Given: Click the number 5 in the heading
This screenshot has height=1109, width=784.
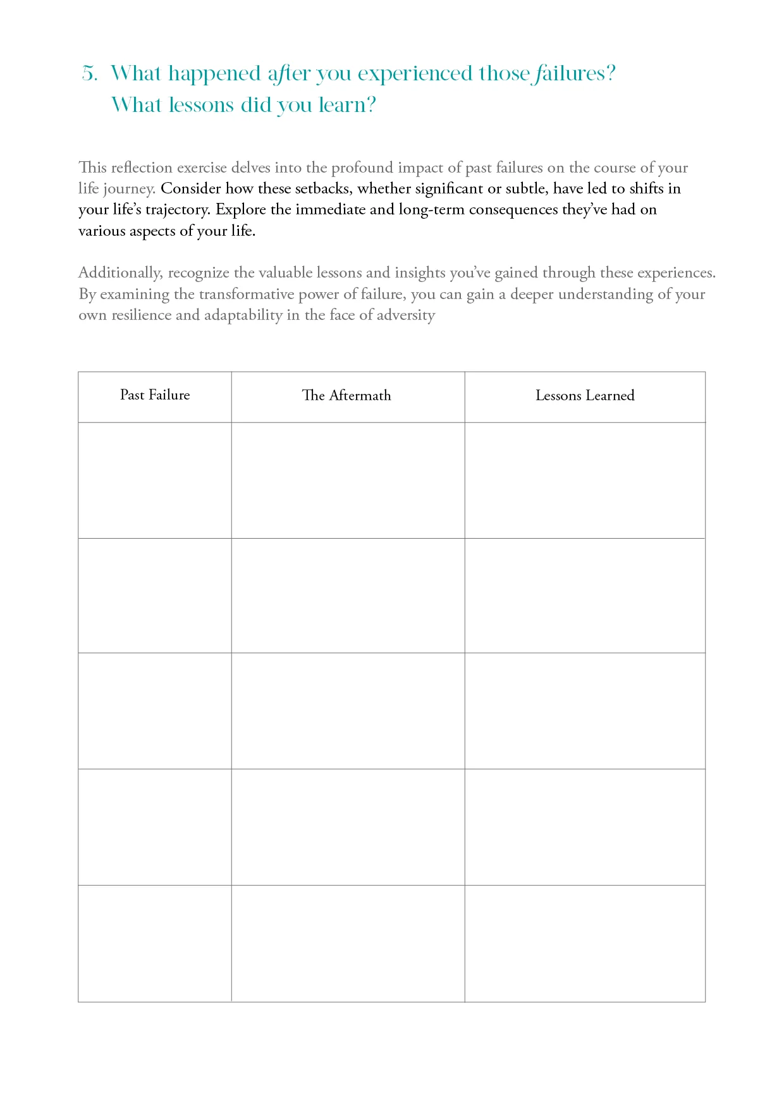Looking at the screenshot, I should click(x=89, y=74).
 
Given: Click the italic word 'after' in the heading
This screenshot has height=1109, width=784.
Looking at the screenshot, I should click(x=289, y=74).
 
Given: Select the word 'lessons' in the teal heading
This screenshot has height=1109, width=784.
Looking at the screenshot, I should click(x=202, y=105).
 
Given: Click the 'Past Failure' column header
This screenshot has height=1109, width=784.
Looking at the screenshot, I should click(x=155, y=395).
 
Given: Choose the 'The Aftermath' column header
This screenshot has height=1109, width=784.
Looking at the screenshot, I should click(x=346, y=396).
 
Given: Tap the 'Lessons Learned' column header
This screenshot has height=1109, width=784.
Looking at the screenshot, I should click(x=585, y=396).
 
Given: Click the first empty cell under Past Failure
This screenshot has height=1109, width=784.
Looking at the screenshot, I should click(x=155, y=481).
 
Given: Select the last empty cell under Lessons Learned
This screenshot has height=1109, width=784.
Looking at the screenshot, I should click(x=585, y=943).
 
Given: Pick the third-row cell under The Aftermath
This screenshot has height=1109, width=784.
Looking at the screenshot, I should click(x=348, y=711).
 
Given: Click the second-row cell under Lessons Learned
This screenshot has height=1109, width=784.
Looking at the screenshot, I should click(x=585, y=596).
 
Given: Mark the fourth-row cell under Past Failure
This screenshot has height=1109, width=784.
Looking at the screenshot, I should click(x=155, y=827).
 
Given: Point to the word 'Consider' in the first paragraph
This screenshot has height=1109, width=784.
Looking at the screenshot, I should click(x=190, y=188).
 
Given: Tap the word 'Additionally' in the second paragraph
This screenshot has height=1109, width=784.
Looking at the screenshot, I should click(x=120, y=273).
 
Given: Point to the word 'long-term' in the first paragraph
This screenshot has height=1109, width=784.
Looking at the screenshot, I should click(x=432, y=209).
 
